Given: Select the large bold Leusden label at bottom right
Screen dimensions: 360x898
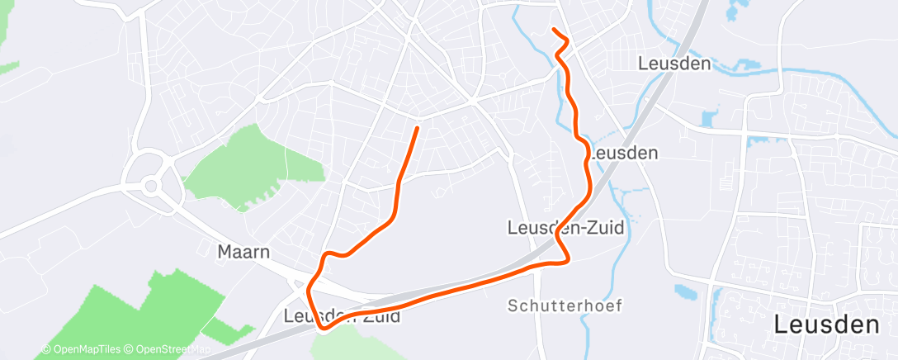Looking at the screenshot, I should coord(826,325).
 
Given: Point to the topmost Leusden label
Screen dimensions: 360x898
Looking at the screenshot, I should coord(674,64).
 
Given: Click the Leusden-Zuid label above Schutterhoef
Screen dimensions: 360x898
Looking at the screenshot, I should coord(565,226).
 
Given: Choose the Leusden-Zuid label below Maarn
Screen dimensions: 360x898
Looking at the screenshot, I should coord(342,315).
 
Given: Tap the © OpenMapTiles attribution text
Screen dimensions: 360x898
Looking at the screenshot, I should coord(82,349).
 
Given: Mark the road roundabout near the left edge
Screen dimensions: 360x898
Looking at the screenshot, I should coord(150,185).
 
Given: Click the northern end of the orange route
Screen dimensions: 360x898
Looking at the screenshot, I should coord(554,31).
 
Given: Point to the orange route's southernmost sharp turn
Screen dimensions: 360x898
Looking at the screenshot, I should coord(323,327).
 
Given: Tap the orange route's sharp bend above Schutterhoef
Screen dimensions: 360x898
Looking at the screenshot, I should coord(567,262).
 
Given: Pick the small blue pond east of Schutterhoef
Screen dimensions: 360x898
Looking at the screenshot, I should coord(686,291).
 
